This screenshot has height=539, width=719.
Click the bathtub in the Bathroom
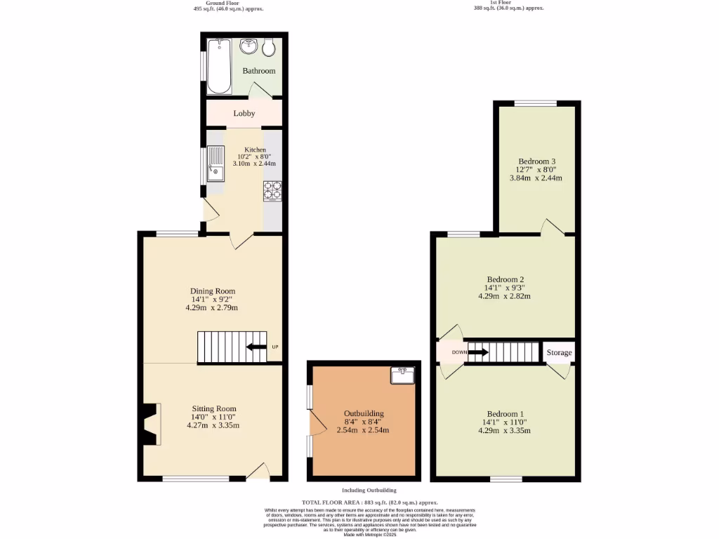tap(219, 66)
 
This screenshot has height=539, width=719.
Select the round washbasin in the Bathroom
tap(248, 47)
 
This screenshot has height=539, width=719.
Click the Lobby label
tap(244, 114)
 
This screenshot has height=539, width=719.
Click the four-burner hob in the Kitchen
tap(272, 189)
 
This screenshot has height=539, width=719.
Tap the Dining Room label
tap(212, 291)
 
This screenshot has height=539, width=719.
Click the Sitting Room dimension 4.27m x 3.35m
tap(213, 425)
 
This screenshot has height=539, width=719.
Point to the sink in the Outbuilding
tap(402, 375)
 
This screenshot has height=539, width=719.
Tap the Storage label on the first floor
tap(559, 353)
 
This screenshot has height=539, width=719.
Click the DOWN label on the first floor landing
tap(459, 352)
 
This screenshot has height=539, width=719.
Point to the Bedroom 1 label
tap(506, 414)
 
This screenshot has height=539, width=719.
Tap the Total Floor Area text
tap(369, 503)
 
